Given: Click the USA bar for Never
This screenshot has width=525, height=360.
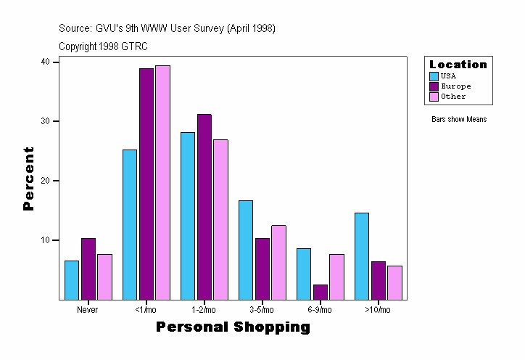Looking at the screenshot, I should pyautogui.click(x=72, y=280).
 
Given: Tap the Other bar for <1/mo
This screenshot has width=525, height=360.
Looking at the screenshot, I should pyautogui.click(x=162, y=182).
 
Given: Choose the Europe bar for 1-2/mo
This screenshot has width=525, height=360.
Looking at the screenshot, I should pyautogui.click(x=204, y=207).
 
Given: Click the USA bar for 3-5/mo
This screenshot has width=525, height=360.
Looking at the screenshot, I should pyautogui.click(x=246, y=250).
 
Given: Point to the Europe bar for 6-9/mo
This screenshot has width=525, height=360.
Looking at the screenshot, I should pyautogui.click(x=321, y=292).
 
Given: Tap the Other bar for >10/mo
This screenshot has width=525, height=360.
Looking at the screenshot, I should pyautogui.click(x=394, y=282).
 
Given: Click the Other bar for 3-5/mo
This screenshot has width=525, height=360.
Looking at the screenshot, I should pyautogui.click(x=278, y=262).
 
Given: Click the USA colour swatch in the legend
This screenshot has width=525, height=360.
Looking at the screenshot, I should pyautogui.click(x=434, y=76).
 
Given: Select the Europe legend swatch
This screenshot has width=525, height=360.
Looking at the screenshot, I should pyautogui.click(x=434, y=86).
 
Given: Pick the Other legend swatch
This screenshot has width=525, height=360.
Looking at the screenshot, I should pyautogui.click(x=434, y=97).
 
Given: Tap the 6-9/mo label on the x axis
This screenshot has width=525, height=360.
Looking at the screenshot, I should pyautogui.click(x=320, y=310).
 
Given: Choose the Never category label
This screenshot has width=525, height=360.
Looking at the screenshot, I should pyautogui.click(x=87, y=310).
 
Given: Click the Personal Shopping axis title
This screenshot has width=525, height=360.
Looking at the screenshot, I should pyautogui.click(x=233, y=327).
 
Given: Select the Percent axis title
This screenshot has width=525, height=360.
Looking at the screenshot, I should pyautogui.click(x=29, y=179).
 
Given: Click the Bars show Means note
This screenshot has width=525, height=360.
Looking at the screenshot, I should pyautogui.click(x=459, y=120).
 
